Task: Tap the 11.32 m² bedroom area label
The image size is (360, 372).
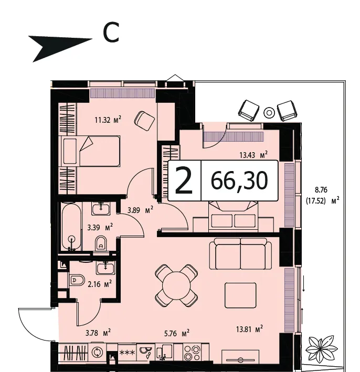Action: pyautogui.click(x=108, y=120)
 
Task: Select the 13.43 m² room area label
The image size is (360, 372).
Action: pyautogui.click(x=253, y=155)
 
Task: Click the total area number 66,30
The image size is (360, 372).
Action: pyautogui.click(x=239, y=180)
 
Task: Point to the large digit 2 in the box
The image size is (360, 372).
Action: pyautogui.click(x=184, y=180)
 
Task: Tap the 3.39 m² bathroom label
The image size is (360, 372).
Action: pyautogui.click(x=100, y=227)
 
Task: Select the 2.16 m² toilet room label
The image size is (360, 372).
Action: pyautogui.click(x=100, y=284)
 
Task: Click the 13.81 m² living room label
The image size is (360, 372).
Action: pyautogui.click(x=249, y=329)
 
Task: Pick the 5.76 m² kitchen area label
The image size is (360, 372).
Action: pyautogui.click(x=177, y=333)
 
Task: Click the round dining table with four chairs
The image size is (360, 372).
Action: pyautogui.click(x=176, y=285)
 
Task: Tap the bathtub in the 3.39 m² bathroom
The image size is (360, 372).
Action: pyautogui.click(x=71, y=227)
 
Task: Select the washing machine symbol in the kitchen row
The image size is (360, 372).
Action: pyautogui.click(x=97, y=352)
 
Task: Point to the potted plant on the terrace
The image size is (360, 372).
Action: pyautogui.click(x=321, y=347)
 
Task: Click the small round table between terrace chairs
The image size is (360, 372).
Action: pyautogui.click(x=269, y=112)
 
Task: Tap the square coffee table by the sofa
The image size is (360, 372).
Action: pyautogui.click(x=240, y=295)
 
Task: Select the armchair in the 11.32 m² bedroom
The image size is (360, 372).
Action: pyautogui.click(x=144, y=121)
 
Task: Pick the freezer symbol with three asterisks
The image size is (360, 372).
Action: pyautogui.click(x=127, y=353)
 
